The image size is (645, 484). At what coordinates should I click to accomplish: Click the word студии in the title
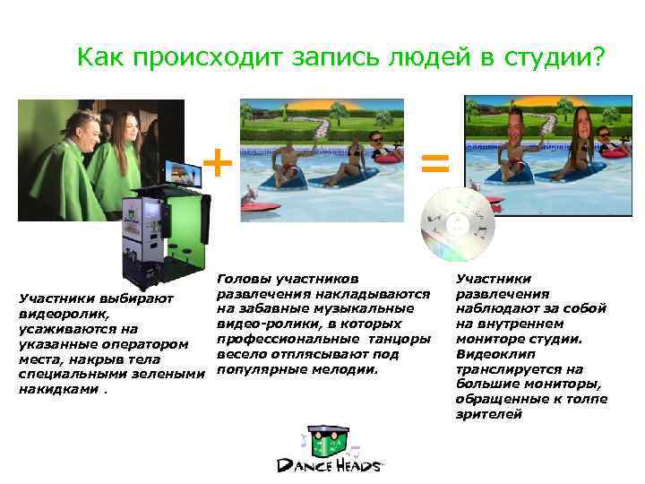pyautogui.click(x=555, y=57)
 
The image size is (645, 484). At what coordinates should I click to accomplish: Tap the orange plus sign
pyautogui.click(x=218, y=163)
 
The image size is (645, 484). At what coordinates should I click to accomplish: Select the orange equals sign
pyautogui.click(x=435, y=162)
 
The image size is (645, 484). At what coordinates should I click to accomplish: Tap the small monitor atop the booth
pyautogui.click(x=185, y=171)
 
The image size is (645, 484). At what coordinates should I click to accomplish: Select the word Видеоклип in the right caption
pyautogui.click(x=489, y=353)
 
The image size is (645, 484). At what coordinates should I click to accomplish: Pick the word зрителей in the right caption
pyautogui.click(x=488, y=414)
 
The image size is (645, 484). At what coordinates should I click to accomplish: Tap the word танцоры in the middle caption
pyautogui.click(x=400, y=338)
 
